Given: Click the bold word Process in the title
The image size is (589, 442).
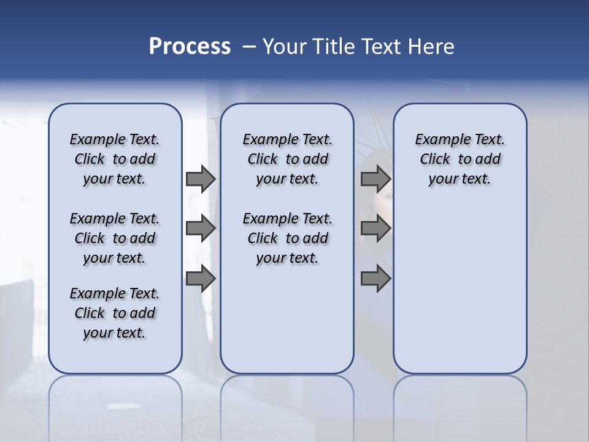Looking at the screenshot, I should point(190,47).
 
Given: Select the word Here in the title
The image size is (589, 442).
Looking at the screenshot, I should point(432,47).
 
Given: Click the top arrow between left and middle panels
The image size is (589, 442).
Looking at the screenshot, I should point(201,179).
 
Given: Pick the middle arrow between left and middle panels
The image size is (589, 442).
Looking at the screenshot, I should point(201,228).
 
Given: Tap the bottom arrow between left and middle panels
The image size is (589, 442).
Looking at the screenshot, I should point(201,279).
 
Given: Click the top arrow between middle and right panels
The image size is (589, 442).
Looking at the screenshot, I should point(375,179).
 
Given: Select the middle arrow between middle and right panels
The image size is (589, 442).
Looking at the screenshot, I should point(375,228).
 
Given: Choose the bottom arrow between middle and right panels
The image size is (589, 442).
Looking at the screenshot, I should point(375,279).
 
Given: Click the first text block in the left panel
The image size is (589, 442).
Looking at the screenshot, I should point(115,159).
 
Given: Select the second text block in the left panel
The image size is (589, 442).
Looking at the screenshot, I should point(115,238).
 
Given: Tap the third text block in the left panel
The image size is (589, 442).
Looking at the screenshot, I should point(115,313).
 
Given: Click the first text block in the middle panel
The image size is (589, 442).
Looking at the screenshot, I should point(287,159).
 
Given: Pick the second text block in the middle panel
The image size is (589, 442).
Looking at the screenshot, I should point(287,238).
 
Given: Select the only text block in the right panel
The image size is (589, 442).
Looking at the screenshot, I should point(460,159).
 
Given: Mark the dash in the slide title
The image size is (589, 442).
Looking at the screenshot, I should point(249,47).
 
